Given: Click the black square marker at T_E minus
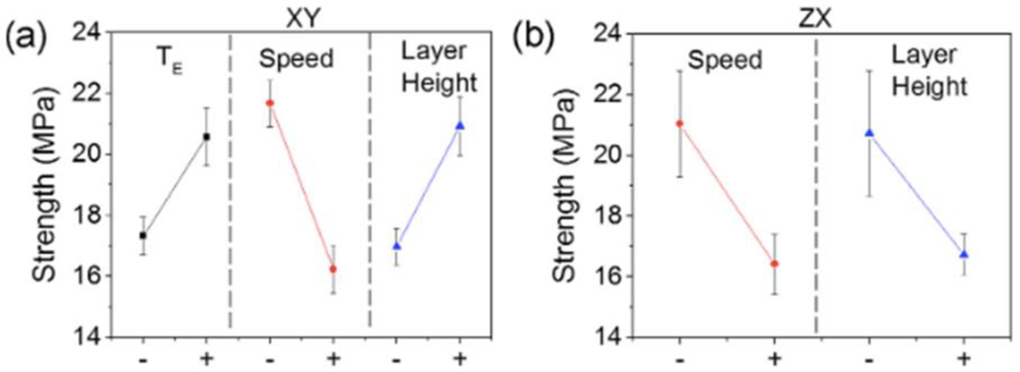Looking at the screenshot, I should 143,236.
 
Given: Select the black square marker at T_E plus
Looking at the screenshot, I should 206,137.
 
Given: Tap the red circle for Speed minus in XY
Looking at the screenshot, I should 270,103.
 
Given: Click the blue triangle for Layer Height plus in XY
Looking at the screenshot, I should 460,126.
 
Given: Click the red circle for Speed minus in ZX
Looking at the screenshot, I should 679,124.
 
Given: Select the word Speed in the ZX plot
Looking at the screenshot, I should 725,60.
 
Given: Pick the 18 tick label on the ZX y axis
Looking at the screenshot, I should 610,216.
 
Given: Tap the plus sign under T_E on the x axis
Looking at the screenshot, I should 206,359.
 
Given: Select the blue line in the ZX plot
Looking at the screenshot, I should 917,194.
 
